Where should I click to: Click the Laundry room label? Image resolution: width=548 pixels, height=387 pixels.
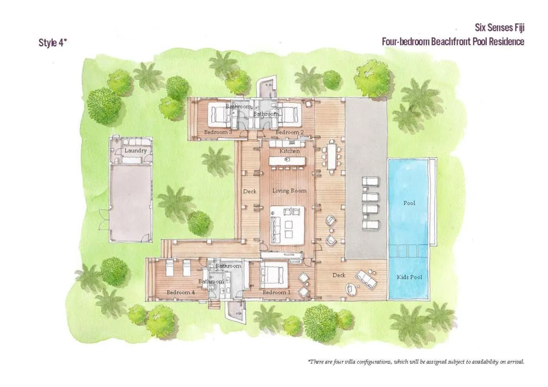click(135, 150)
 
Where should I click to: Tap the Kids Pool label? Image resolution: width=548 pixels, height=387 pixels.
click(409, 277)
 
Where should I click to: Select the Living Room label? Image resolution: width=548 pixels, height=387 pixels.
click(289, 191)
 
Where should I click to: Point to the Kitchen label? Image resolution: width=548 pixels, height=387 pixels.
click(290, 151)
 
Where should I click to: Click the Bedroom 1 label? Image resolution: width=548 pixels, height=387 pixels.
click(276, 292)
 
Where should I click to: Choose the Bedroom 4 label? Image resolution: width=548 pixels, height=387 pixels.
click(181, 292)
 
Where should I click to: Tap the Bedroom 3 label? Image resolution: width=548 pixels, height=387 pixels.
click(218, 133)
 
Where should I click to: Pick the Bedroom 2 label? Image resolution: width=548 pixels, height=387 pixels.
click(290, 133)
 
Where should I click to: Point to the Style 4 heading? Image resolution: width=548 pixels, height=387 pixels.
click(53, 42)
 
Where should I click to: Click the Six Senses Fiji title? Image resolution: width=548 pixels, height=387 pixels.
click(499, 28)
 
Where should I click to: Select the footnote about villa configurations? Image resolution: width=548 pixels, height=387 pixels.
click(416, 362)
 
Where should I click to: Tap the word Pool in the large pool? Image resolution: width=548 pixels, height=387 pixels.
click(409, 203)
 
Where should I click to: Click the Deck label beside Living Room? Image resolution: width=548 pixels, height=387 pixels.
click(250, 191)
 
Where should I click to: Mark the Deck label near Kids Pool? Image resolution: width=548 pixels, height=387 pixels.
click(339, 275)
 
